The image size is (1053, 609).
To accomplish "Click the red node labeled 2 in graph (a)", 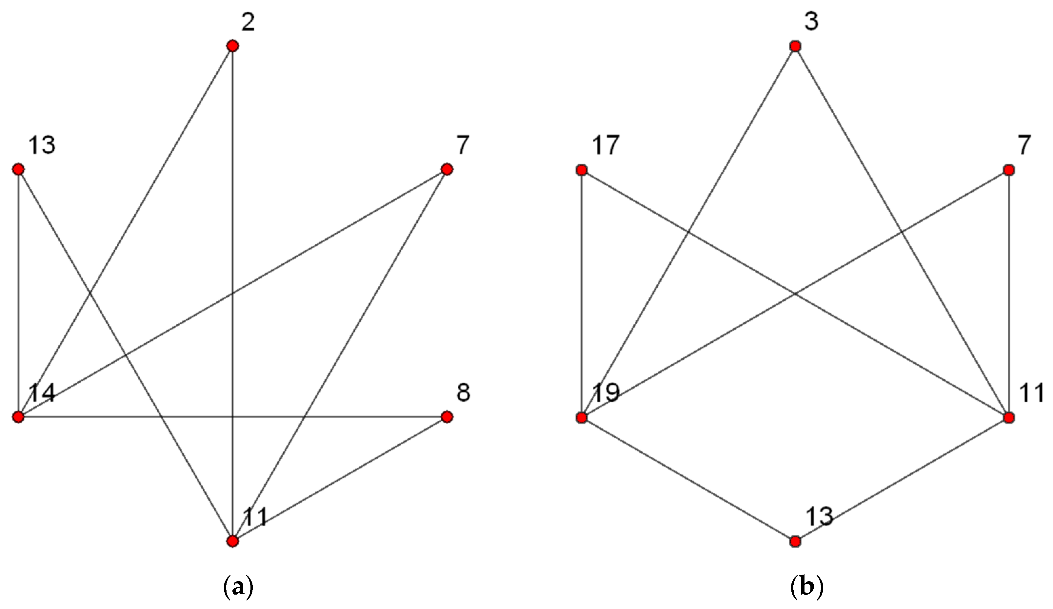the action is (232, 46).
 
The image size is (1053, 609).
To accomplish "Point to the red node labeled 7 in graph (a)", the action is (447, 169).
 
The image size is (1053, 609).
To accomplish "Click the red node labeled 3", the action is (795, 47).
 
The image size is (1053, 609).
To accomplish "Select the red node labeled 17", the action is (581, 170).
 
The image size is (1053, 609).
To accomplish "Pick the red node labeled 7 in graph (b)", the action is (1009, 170).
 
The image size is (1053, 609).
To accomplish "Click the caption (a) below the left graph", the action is (239, 588).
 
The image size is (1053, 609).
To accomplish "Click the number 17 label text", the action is (606, 146).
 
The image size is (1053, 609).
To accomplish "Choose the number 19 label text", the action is (606, 393).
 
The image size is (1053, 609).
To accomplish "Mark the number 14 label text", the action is (42, 393).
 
